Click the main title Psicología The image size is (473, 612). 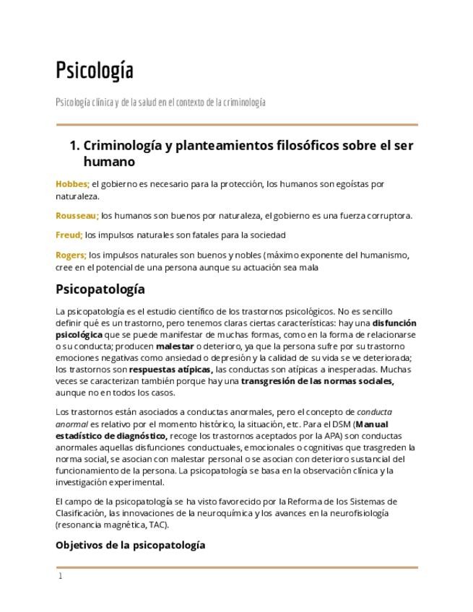point(95,71)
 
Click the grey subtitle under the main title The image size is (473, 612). point(160,102)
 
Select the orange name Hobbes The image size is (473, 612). point(72,184)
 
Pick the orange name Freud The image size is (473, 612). point(69,235)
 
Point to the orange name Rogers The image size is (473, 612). point(71,255)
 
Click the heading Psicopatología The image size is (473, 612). point(100,289)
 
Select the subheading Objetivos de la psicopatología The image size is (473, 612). point(130,545)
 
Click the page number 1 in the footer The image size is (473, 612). point(61,576)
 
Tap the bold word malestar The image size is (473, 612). point(175,346)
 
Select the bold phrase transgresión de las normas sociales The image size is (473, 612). point(317,381)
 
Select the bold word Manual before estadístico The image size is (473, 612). point(376,424)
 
